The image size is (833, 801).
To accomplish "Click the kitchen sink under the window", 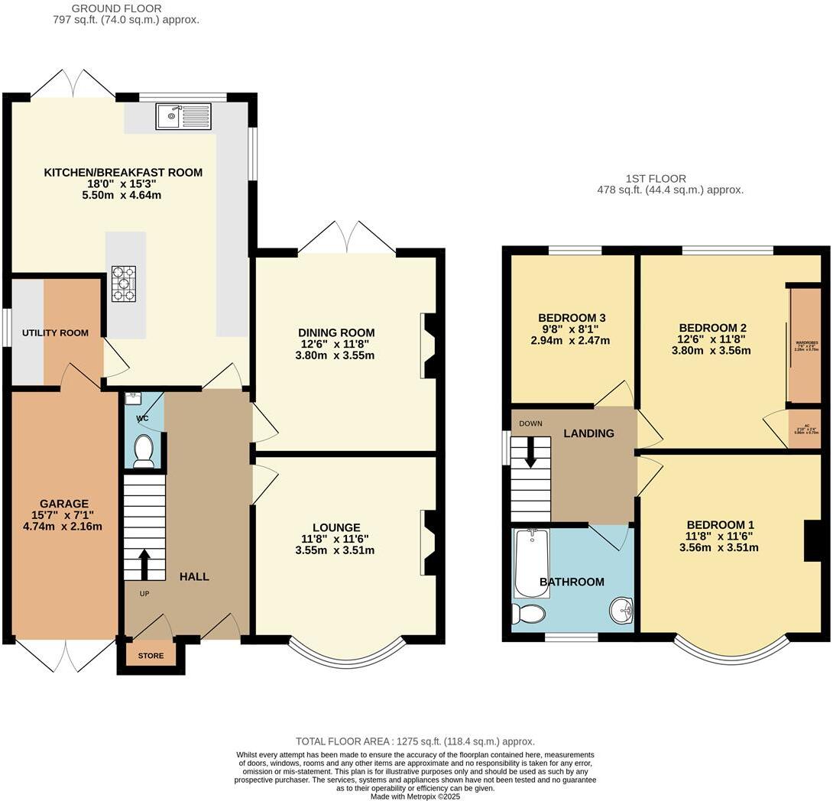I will point(183,117).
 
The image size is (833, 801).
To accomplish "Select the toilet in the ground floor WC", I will point(143,451).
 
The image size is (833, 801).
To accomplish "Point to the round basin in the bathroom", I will point(621,611).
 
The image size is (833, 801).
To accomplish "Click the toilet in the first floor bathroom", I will point(529,614).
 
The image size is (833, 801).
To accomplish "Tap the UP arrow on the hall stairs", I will point(143,563).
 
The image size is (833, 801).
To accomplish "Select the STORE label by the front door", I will point(151,656).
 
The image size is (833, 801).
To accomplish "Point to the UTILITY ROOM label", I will point(55,333).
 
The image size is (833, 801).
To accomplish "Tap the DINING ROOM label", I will point(336,332).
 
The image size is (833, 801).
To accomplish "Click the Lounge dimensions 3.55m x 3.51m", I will point(336,550).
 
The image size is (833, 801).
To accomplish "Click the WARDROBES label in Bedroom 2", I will point(806,343).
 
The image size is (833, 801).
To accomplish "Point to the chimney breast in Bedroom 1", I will point(813,540).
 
